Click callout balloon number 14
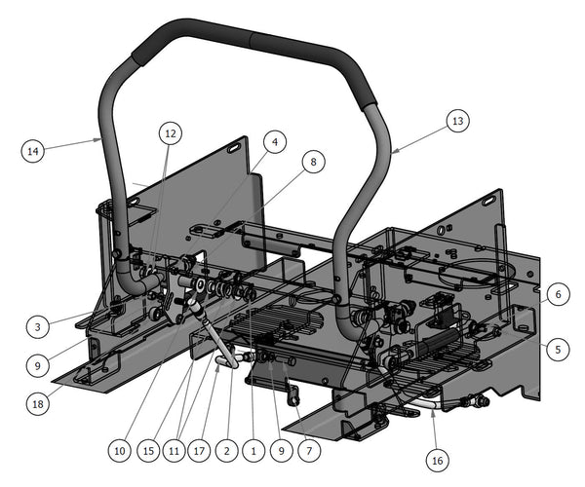33,151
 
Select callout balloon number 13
458,121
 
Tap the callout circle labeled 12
171,133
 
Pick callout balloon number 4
275,141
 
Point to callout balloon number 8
313,162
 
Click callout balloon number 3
38,327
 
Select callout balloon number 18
38,403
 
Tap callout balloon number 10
119,451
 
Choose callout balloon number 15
148,451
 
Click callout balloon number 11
175,451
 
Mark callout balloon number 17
199,451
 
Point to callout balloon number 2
227,451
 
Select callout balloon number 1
253,451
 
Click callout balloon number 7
309,451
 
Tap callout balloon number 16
437,461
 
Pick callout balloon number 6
558,294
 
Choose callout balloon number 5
558,349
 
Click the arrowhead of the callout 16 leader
432,411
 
